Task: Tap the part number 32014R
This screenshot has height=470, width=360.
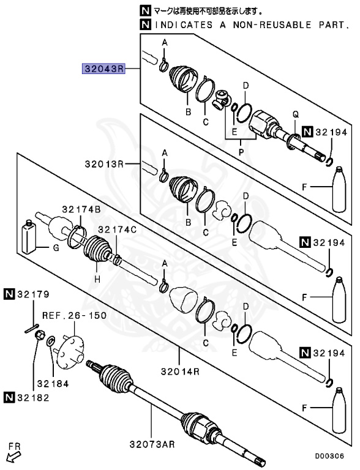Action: click(181, 371)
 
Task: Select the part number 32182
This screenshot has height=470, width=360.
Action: click(32, 398)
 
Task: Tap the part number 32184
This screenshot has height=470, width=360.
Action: click(53, 384)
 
